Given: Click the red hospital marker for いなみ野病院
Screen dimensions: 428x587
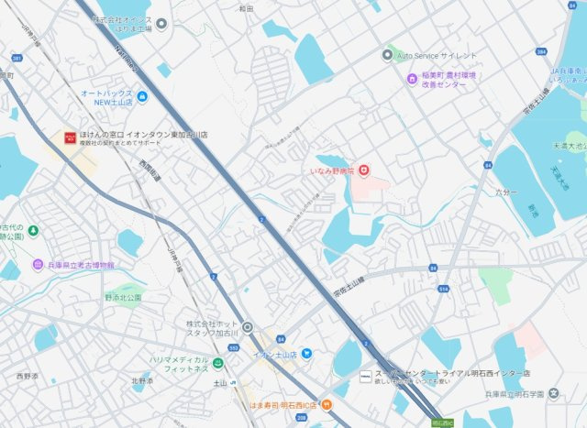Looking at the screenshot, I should click(x=363, y=170).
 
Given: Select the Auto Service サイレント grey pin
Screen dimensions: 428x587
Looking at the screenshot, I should click(x=387, y=55).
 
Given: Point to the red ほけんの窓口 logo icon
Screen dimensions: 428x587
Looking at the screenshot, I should click(x=69, y=137).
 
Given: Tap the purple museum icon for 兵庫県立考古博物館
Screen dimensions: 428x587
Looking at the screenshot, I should click(x=38, y=265).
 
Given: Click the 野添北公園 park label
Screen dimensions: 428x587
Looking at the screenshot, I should click(x=122, y=298).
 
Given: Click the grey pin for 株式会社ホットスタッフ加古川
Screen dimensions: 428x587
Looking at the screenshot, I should click(x=247, y=326).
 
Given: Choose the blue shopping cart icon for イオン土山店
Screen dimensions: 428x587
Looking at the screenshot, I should click(x=306, y=354).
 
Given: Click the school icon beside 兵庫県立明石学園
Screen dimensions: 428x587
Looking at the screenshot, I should click(x=553, y=394).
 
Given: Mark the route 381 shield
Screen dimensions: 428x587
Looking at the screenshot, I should click(x=17, y=57).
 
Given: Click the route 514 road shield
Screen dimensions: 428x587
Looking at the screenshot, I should click(x=445, y=290).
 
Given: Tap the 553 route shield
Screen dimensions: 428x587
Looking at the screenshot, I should click(x=233, y=349).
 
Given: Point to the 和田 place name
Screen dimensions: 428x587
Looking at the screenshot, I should click(x=245, y=8).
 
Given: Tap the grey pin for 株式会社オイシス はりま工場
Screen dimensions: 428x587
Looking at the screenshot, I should click(x=161, y=24).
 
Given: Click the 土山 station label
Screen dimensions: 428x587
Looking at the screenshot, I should click(x=220, y=382).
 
